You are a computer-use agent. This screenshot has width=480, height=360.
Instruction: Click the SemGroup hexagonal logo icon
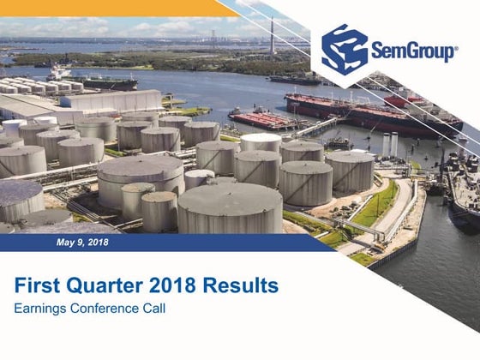tap(345, 50)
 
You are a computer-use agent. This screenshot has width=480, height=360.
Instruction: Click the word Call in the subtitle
tap(154, 308)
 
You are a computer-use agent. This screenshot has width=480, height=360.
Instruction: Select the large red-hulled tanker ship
tap(377, 114)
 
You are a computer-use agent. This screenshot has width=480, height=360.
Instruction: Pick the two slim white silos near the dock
tap(390, 143)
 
